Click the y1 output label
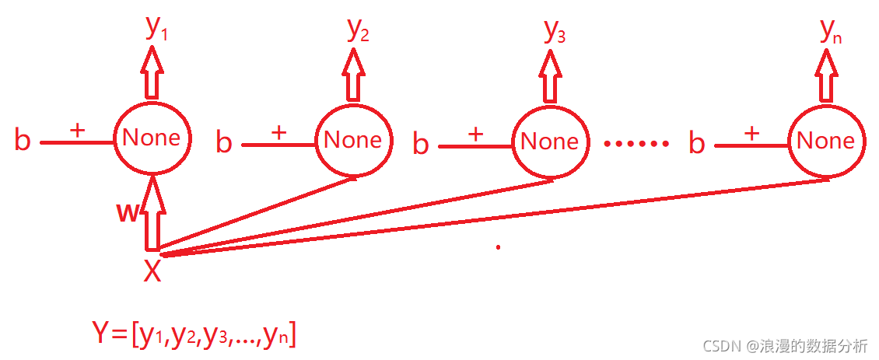[x=156, y=28]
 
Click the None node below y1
[x=152, y=138]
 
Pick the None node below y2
[x=352, y=141]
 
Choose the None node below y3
[x=549, y=142]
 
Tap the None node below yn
[x=825, y=141]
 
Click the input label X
[x=152, y=271]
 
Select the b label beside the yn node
[x=697, y=144]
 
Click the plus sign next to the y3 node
[x=475, y=134]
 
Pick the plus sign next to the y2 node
[x=278, y=133]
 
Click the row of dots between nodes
[x=636, y=144]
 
